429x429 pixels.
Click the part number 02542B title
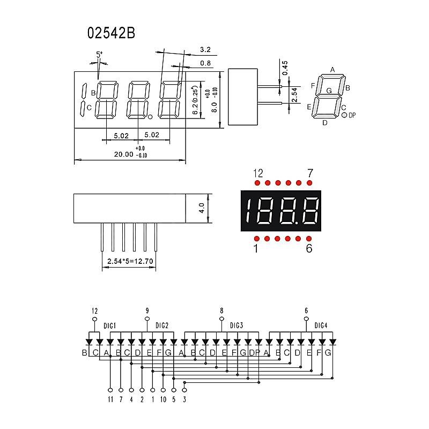point(111,33)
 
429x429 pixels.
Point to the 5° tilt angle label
point(99,54)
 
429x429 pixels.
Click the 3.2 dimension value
point(205,50)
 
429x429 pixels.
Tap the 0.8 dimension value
point(205,63)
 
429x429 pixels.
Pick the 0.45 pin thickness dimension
point(285,68)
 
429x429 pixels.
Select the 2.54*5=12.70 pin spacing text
point(130,262)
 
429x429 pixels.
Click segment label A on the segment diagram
point(332,70)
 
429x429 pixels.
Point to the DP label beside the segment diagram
point(352,115)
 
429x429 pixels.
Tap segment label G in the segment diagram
point(329,90)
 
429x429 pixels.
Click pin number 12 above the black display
point(258,173)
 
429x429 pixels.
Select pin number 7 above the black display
point(309,173)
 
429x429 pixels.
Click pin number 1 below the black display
point(256,248)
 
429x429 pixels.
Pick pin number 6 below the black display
point(309,248)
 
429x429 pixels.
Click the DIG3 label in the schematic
point(236,325)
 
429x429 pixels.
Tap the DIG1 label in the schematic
point(110,325)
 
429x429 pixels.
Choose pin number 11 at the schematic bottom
point(110,400)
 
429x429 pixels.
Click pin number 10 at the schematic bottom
point(163,400)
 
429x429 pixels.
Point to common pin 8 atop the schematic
point(221,310)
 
